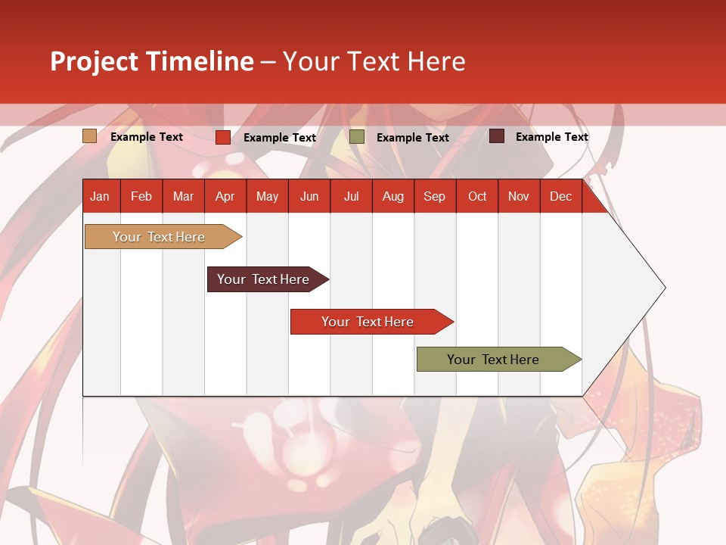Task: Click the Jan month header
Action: (100, 196)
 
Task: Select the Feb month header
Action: (141, 196)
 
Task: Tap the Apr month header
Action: (225, 196)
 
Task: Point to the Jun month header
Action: (309, 196)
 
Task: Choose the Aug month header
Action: (392, 196)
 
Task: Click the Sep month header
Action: (434, 196)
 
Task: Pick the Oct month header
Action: (477, 196)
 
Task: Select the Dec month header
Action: (560, 196)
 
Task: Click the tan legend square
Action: (90, 136)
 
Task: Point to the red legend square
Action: (223, 137)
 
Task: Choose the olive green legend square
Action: (357, 137)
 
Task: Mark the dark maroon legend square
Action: (497, 136)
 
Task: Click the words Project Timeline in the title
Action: (151, 61)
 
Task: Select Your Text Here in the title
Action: (374, 61)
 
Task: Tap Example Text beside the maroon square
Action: (551, 137)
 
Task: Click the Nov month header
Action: (519, 196)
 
